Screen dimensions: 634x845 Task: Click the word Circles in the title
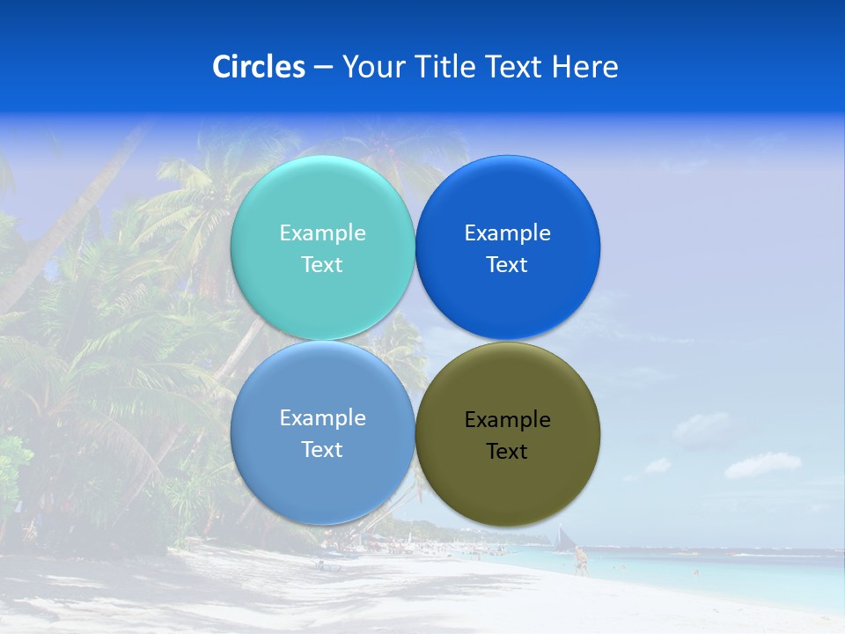[258, 67]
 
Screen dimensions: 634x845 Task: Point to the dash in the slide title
[322, 68]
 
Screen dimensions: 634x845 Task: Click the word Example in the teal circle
[322, 232]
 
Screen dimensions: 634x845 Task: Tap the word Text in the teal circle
[322, 264]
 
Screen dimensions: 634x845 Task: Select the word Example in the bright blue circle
[507, 232]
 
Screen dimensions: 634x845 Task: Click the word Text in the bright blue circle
[507, 264]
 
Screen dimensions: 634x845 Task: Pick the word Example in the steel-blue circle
[322, 417]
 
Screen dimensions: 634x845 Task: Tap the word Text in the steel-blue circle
[322, 449]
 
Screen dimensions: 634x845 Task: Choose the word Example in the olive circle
[507, 419]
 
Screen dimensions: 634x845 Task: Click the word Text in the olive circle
[507, 451]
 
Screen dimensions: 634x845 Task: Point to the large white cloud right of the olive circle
[762, 464]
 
